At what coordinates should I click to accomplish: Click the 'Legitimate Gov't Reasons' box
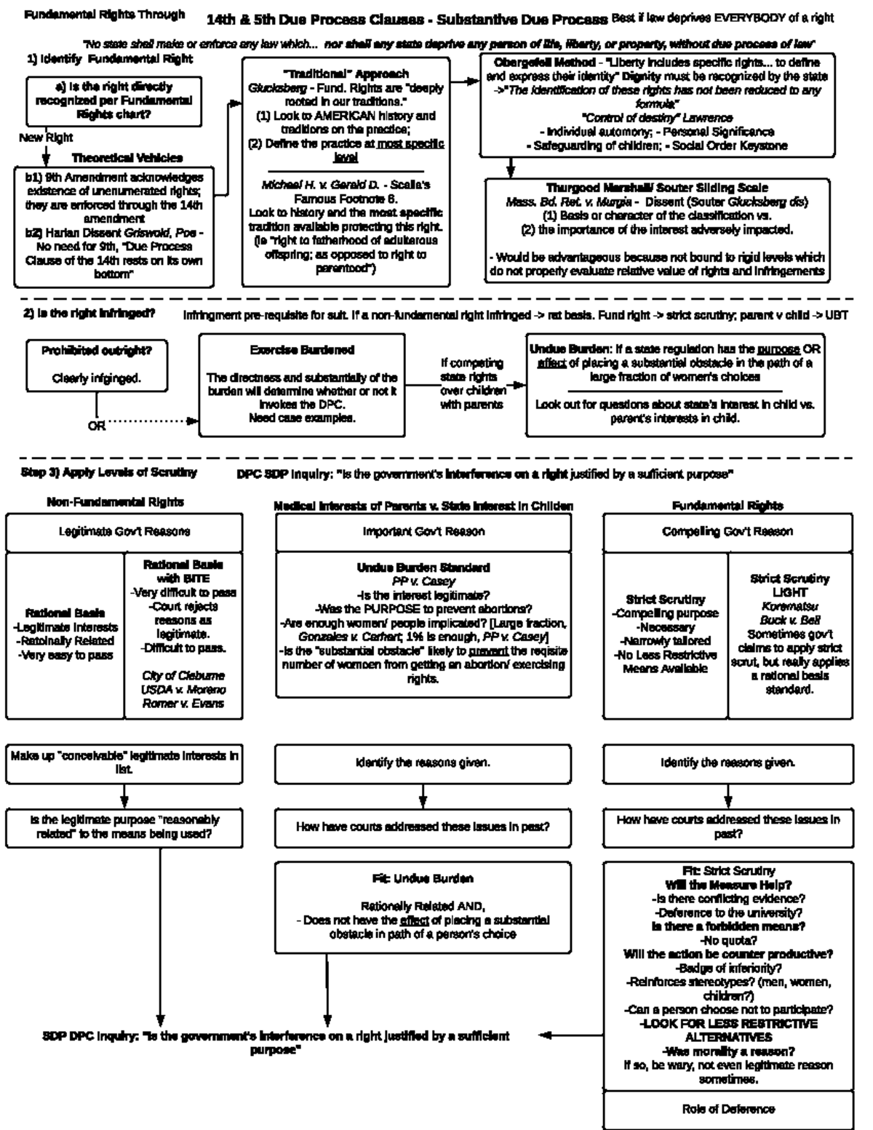[124, 532]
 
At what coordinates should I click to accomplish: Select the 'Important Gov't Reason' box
[423, 532]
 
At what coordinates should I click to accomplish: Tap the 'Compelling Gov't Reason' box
[727, 532]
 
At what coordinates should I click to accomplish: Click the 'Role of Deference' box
[727, 1109]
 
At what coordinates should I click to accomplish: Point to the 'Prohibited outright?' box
[96, 351]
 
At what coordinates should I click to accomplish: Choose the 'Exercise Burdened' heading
[302, 350]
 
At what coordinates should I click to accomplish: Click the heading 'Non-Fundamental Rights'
[115, 502]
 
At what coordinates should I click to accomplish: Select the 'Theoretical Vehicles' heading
[127, 158]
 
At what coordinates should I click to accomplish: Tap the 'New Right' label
[46, 138]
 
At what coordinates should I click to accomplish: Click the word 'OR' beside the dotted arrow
[96, 426]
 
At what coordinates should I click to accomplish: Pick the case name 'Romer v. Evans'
[183, 704]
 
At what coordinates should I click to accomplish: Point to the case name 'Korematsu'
[789, 606]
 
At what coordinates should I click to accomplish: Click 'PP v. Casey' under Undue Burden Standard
[423, 581]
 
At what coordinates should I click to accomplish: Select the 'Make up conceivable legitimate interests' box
[124, 762]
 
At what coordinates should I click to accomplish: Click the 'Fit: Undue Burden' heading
[423, 879]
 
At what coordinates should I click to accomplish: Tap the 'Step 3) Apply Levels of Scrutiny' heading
[109, 473]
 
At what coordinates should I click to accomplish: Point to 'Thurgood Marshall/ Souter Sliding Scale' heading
[657, 188]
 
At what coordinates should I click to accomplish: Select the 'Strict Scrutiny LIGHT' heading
[789, 586]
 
